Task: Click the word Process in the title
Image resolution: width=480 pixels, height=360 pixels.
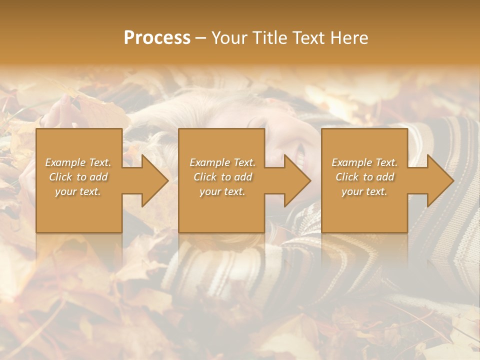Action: (157, 38)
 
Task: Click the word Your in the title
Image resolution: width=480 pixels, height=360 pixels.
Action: (227, 38)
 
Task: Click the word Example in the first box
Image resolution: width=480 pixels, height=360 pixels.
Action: (65, 162)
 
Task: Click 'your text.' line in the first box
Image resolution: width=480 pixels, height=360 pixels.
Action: (78, 191)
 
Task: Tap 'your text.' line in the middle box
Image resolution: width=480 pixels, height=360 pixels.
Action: (222, 191)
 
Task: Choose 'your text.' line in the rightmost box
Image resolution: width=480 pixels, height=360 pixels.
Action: (364, 191)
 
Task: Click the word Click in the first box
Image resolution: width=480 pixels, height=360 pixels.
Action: (60, 177)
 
